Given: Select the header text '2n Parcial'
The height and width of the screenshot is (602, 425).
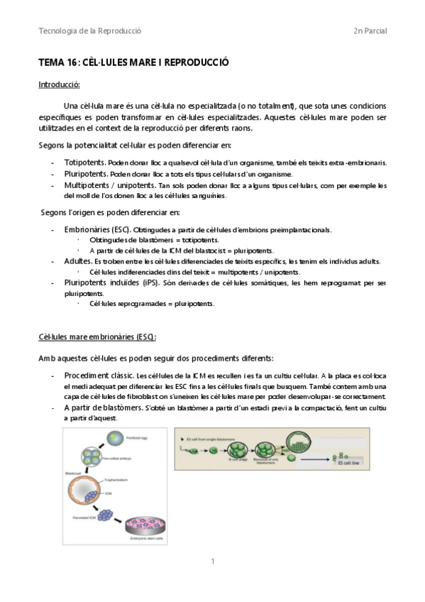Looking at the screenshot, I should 370,31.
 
